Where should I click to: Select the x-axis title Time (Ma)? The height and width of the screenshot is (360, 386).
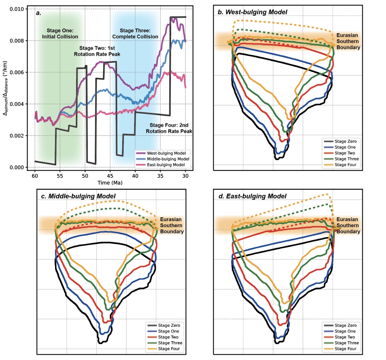pyautogui.click(x=110, y=182)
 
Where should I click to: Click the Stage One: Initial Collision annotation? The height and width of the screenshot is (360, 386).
pyautogui.click(x=62, y=34)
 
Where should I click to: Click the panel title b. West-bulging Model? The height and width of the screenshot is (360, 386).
pyautogui.click(x=253, y=12)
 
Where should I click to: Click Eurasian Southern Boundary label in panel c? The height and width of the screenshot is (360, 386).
pyautogui.click(x=172, y=225)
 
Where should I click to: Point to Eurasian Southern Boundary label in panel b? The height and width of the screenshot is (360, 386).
pyautogui.click(x=348, y=42)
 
